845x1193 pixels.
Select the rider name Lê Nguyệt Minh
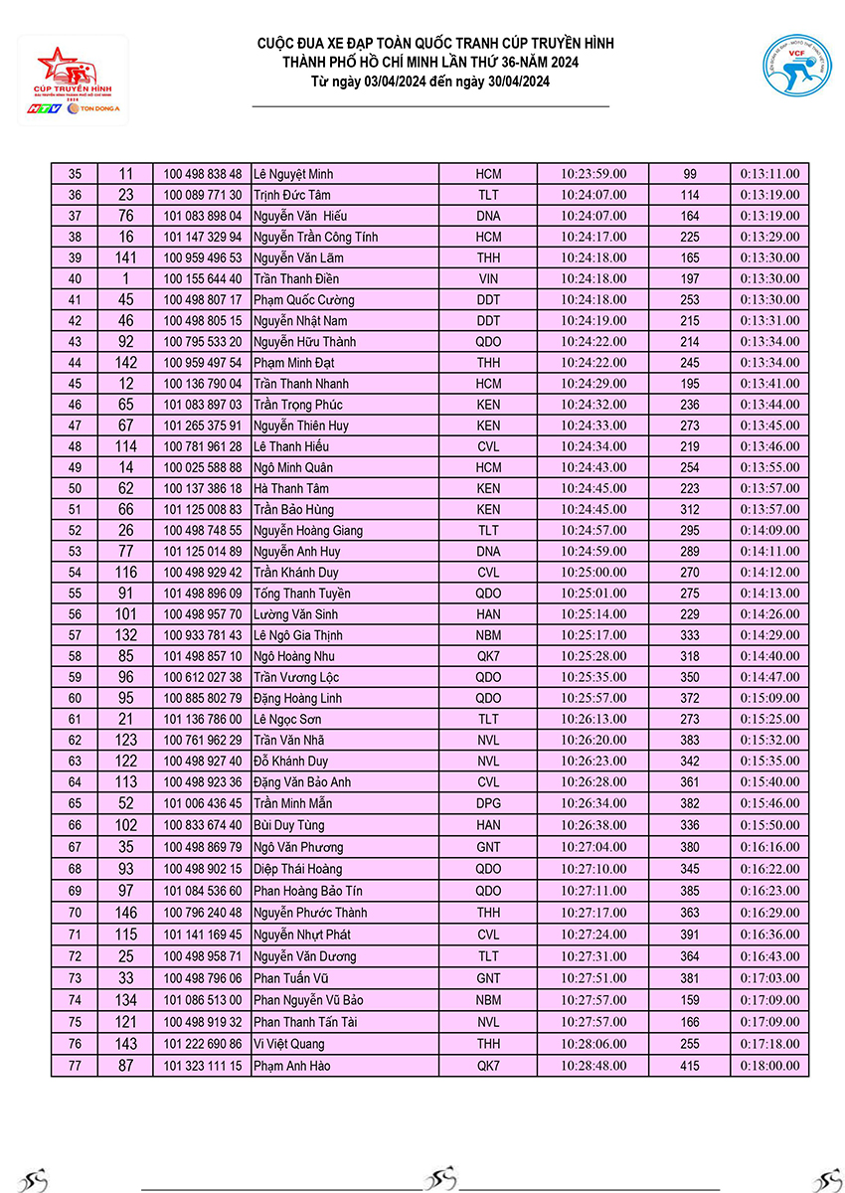(x=293, y=174)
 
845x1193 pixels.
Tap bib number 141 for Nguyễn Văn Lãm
(x=125, y=257)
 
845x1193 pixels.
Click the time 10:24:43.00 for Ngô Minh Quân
(x=593, y=467)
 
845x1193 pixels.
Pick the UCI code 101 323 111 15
(x=203, y=1066)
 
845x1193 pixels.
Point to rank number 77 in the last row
(x=75, y=1066)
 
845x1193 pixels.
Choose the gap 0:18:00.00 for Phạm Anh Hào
(x=769, y=1066)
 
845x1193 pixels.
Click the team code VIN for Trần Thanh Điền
(x=488, y=278)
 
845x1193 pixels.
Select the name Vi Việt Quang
(x=289, y=1044)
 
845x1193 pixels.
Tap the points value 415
(x=690, y=1066)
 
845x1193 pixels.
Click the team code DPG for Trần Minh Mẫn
(x=488, y=803)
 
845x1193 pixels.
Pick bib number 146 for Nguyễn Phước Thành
(x=125, y=913)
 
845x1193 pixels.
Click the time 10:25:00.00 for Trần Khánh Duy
(x=593, y=573)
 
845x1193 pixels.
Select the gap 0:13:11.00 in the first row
(x=769, y=174)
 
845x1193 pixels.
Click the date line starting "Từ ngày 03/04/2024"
(x=429, y=81)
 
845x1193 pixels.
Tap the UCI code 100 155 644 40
(x=203, y=278)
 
